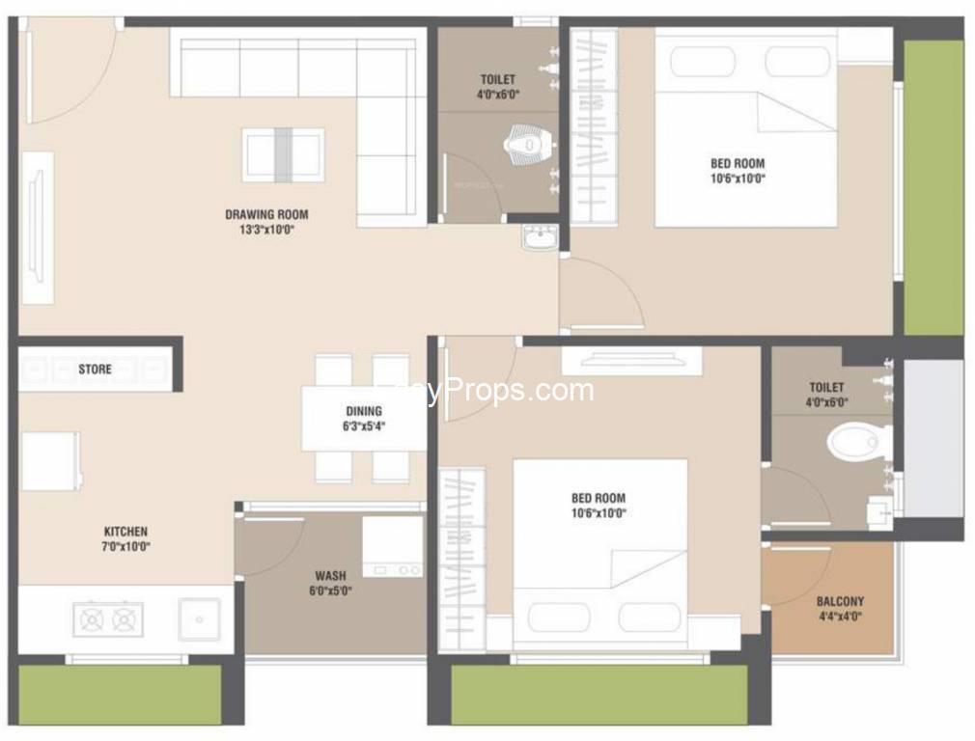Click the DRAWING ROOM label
266,214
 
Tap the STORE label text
95,369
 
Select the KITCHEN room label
125,532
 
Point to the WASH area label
330,576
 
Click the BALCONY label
840,601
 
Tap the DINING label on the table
364,411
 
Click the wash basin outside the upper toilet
540,236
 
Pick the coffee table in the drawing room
283,154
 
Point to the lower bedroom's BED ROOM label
598,499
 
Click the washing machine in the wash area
392,547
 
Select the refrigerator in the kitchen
50,461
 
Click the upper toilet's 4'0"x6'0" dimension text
498,95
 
